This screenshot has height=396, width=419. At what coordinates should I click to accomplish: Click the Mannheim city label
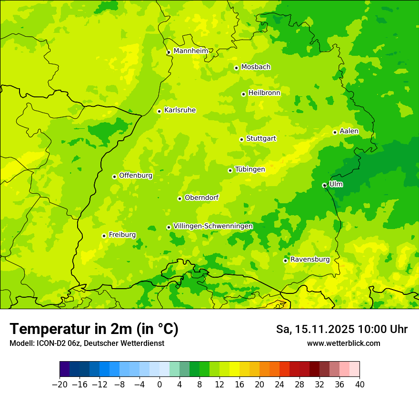190,51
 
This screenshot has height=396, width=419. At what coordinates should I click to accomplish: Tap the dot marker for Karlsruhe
160,111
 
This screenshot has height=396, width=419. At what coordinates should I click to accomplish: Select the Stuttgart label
261,138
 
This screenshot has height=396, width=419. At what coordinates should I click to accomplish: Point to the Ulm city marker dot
324,185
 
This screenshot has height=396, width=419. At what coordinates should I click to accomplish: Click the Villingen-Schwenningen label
213,226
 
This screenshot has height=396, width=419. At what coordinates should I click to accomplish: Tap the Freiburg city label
122,235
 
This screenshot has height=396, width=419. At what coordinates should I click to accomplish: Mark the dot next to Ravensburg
285,261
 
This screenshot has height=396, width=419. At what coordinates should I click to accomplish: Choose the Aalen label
349,131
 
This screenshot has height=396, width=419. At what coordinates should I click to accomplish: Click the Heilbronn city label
264,93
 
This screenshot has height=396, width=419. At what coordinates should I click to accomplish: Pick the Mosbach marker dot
236,68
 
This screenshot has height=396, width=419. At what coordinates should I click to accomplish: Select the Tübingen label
250,169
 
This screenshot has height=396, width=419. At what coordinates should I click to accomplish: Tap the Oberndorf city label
201,198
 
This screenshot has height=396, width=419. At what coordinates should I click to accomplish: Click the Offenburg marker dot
114,177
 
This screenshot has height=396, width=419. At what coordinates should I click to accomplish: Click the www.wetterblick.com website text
343,343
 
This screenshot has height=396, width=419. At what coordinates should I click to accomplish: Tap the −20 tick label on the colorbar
60,384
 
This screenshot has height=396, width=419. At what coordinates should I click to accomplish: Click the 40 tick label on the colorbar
360,384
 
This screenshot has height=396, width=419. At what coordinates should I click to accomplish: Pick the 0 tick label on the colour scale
160,384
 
